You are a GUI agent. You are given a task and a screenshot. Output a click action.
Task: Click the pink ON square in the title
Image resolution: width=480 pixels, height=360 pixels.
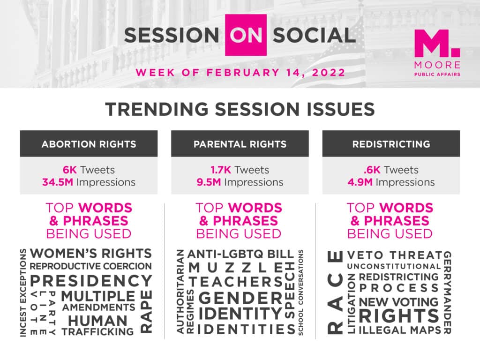[x=246, y=35]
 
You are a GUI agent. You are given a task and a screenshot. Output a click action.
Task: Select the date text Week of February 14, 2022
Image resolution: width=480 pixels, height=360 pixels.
[x=240, y=73]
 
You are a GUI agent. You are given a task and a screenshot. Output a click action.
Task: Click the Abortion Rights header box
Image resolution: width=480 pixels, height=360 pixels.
[x=89, y=144]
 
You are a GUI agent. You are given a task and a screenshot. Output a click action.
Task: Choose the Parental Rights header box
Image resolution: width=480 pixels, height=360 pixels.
[x=240, y=144]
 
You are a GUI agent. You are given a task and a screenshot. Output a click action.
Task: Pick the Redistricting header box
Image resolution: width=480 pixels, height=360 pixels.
[x=391, y=144]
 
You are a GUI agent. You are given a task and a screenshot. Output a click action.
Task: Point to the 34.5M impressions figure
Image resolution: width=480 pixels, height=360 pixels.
[x=58, y=182]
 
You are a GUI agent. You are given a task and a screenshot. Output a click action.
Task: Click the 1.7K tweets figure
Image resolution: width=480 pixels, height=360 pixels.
[x=221, y=170]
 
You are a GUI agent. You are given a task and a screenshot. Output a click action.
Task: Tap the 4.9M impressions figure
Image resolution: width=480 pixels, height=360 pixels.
[x=360, y=182]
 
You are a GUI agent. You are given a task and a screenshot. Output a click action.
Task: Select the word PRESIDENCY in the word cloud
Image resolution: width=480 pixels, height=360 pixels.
[x=91, y=281]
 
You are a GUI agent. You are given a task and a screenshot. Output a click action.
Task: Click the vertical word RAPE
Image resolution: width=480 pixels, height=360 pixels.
[x=146, y=312]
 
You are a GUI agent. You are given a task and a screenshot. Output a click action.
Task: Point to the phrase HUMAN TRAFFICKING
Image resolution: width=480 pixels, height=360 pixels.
[x=97, y=326]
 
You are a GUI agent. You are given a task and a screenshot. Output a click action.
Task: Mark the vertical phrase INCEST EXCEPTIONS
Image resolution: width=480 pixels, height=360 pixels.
[x=23, y=293]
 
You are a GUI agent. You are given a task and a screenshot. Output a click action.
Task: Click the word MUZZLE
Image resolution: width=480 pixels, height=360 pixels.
[x=235, y=268]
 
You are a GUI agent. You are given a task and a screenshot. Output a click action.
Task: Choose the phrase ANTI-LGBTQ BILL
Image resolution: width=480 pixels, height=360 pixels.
[x=240, y=254]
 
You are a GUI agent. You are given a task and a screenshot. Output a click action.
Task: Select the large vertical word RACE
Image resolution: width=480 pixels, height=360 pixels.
[x=335, y=292]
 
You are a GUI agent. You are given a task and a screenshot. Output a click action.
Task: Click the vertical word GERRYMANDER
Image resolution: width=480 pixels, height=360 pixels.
[x=447, y=292]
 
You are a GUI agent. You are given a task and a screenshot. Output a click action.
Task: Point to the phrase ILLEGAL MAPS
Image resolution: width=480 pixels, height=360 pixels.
[x=400, y=330]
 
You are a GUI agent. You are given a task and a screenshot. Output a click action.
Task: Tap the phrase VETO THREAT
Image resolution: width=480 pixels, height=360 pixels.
[x=395, y=255]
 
